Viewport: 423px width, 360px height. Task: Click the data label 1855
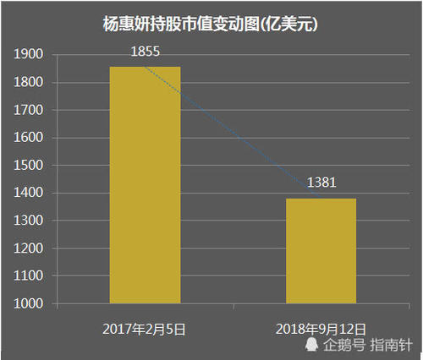coord(146,52)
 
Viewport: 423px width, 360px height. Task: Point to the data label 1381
coord(321,183)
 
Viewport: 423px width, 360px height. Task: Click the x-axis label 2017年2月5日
coord(145,325)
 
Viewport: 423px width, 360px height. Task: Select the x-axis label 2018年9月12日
coord(321,325)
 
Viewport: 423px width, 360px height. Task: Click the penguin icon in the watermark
coord(312,345)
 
